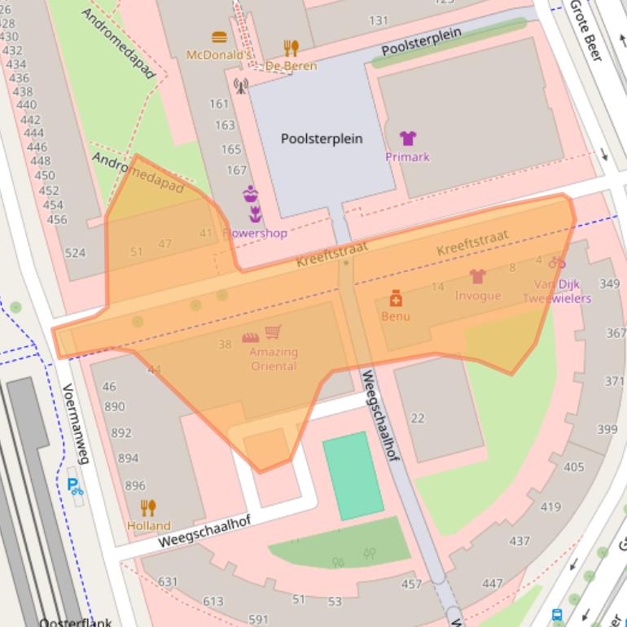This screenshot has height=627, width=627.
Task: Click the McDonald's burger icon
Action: [x=218, y=37]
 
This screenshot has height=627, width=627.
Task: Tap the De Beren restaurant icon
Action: [x=291, y=48]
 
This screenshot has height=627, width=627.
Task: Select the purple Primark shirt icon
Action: [x=407, y=138]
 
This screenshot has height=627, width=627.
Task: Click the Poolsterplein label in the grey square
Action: [x=322, y=138]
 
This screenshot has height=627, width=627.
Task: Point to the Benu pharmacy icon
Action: [x=396, y=298]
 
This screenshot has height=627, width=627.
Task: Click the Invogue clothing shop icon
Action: [x=477, y=277]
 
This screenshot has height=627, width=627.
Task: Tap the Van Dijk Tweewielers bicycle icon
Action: [x=557, y=262]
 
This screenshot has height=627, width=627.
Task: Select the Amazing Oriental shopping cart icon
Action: [x=274, y=333]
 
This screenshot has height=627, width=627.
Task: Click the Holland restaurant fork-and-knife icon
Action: [x=148, y=508]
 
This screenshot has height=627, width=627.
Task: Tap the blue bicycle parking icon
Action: [x=75, y=487]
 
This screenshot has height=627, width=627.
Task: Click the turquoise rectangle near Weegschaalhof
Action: [x=353, y=476]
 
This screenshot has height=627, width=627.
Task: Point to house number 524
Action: [x=75, y=252]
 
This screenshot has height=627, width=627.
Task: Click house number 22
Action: [x=418, y=419]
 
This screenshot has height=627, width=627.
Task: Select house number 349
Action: [x=609, y=284]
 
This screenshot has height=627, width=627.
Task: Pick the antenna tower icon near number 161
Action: [x=240, y=85]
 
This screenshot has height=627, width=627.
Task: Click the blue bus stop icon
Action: [x=558, y=616]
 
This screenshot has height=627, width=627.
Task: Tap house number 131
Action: [x=379, y=20]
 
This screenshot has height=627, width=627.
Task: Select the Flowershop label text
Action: [x=255, y=233]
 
